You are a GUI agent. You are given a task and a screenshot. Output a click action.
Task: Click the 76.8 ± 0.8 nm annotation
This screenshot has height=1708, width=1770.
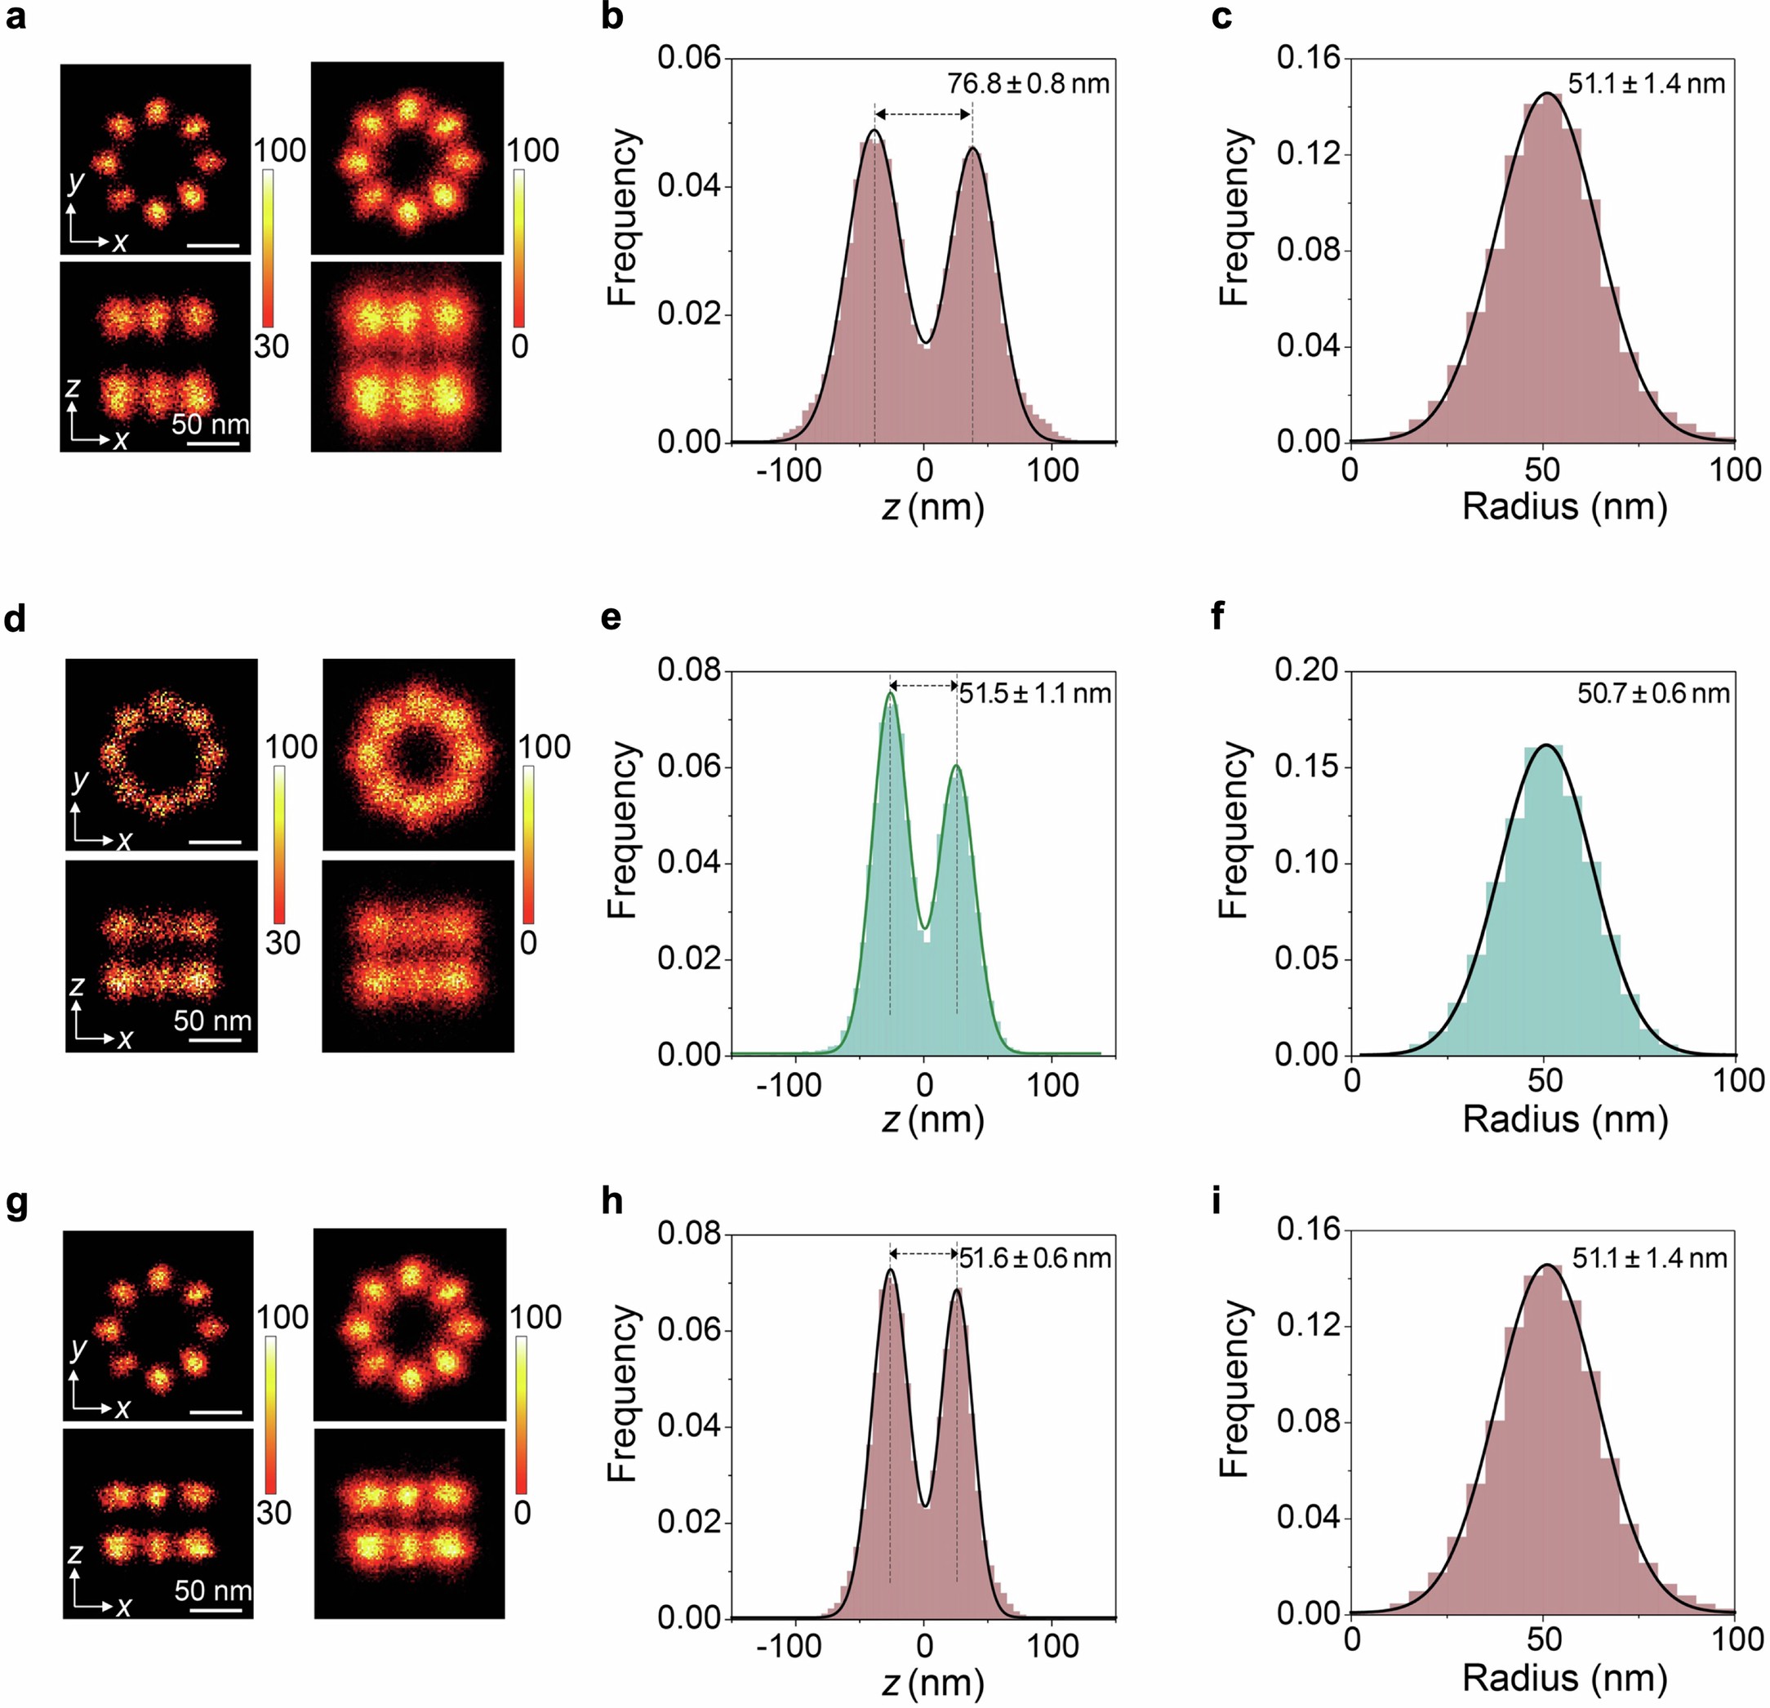(1028, 84)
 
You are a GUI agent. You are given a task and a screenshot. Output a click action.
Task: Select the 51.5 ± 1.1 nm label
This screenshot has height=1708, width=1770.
(1035, 693)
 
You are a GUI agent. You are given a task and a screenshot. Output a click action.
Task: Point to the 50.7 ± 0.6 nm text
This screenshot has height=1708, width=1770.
(1653, 693)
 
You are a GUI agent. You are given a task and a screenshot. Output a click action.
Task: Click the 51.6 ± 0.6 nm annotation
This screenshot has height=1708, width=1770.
(1035, 1257)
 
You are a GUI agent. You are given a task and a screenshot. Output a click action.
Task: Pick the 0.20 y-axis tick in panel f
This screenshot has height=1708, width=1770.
(1307, 671)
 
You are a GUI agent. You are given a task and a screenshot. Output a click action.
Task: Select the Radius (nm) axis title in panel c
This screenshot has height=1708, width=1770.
(1564, 507)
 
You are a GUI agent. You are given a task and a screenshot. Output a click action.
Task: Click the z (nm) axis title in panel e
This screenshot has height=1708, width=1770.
(932, 1119)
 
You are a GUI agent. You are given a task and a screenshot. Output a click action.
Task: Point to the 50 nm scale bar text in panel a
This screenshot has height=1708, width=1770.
(210, 424)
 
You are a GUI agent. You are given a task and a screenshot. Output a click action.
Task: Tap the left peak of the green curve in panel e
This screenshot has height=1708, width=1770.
(891, 694)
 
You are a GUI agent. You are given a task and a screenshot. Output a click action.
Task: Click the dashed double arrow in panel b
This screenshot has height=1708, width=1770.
(923, 113)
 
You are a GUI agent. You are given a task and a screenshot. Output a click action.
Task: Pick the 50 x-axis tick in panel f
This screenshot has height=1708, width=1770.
(1544, 1080)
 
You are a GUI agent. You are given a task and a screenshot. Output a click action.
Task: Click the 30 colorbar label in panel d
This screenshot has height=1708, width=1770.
(282, 943)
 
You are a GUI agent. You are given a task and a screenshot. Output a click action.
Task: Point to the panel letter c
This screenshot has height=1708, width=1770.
(1222, 16)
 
